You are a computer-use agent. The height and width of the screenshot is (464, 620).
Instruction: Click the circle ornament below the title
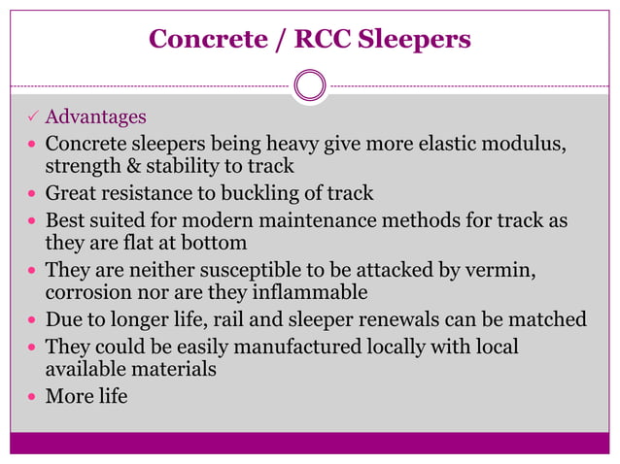point(309,85)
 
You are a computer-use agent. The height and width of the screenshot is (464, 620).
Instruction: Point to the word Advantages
point(96,117)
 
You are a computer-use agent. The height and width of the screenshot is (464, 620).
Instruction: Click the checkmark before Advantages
point(31,117)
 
